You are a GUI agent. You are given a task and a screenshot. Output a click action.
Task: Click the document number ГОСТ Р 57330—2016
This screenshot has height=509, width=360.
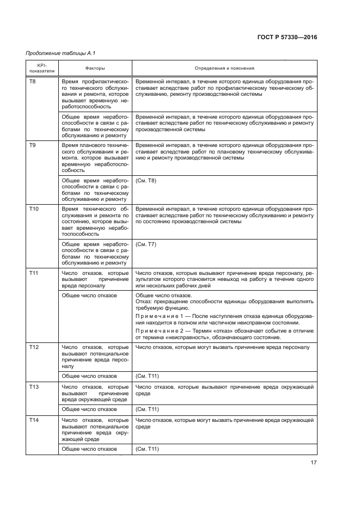pos(286,38)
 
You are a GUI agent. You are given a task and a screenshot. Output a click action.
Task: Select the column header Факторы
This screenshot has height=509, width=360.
pos(95,69)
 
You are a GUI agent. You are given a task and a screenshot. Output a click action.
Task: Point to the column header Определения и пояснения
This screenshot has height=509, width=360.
pos(224,69)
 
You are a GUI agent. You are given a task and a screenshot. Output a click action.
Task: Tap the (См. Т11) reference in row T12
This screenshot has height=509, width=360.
pos(147,376)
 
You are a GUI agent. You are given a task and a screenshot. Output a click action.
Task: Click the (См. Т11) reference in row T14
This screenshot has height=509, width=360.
pos(147,449)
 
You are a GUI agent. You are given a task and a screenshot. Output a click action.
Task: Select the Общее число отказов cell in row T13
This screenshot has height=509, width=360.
pos(89,409)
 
